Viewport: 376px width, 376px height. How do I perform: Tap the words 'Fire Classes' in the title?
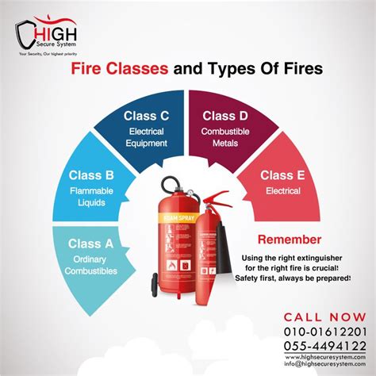click(x=120, y=70)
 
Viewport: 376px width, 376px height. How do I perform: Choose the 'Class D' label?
click(x=224, y=115)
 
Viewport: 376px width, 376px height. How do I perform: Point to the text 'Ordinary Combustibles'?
click(x=91, y=266)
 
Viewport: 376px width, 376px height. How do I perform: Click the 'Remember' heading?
click(x=289, y=240)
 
